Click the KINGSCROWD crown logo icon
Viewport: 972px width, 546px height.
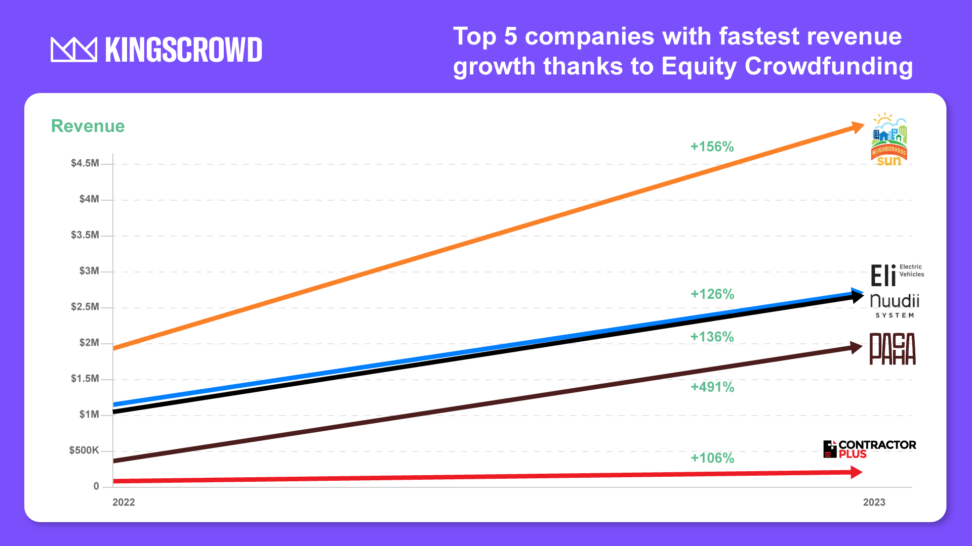[74, 50]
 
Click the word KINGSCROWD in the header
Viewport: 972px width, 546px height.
[183, 50]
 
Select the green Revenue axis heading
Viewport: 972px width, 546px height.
[88, 126]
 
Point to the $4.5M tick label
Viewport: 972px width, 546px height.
[85, 163]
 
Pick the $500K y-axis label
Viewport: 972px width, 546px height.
[84, 450]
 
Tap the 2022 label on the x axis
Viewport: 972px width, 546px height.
[124, 502]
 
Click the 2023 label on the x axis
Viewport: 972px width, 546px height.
[874, 502]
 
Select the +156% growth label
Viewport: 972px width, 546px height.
[712, 147]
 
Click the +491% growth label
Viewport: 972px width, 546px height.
[712, 387]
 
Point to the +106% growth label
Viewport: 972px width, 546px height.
[712, 458]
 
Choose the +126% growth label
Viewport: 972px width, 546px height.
[712, 294]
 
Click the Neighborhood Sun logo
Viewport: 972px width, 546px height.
[889, 140]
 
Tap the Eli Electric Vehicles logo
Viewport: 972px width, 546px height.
[896, 275]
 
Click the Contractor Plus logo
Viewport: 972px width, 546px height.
[870, 449]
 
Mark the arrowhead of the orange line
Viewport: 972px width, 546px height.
[858, 127]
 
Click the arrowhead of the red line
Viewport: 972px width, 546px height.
[856, 472]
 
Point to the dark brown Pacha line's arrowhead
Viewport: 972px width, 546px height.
[856, 347]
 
